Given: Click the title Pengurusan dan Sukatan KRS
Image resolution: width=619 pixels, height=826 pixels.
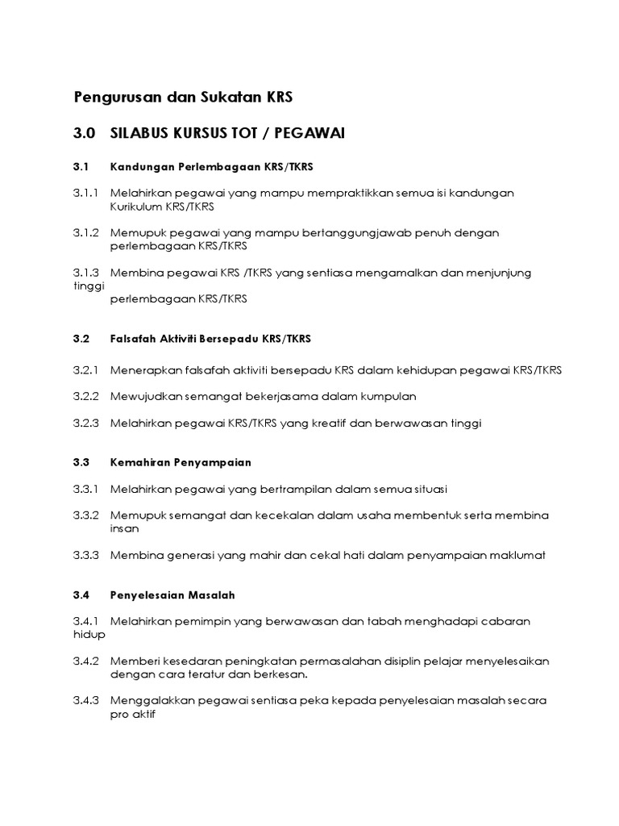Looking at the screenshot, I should [183, 98].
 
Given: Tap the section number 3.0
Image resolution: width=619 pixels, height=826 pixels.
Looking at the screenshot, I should [85, 133].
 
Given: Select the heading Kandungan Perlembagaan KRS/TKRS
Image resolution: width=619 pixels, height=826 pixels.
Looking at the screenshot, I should [210, 166].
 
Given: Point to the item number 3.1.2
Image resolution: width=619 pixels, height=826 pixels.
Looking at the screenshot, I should [86, 232].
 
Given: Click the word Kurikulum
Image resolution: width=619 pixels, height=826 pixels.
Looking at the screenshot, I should [136, 206].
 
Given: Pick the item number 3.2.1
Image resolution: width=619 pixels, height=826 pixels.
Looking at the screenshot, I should [86, 370].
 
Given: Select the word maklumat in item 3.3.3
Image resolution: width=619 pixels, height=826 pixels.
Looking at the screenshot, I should [517, 555].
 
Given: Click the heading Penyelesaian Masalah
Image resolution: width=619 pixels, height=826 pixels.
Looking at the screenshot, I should [172, 594].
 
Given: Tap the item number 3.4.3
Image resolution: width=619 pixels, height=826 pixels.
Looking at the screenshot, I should [86, 700].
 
